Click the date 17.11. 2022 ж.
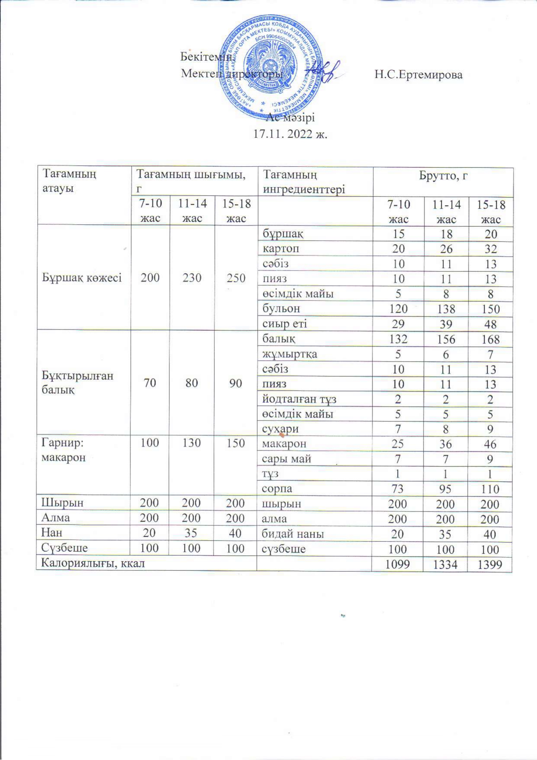tap(290, 134)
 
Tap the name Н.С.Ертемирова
tap(418, 74)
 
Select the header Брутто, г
tap(443, 175)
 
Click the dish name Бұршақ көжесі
tap(82, 278)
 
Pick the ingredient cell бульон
tap(281, 308)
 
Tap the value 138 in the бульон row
tap(446, 309)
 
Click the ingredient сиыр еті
tap(285, 323)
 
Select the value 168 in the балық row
tap(490, 339)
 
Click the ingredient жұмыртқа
tap(290, 354)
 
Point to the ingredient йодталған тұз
tap(299, 399)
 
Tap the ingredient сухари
tap(280, 429)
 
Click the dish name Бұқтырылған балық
tap(78, 382)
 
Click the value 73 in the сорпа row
tap(398, 489)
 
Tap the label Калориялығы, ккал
tap(93, 563)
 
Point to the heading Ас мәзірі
tap(290, 117)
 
